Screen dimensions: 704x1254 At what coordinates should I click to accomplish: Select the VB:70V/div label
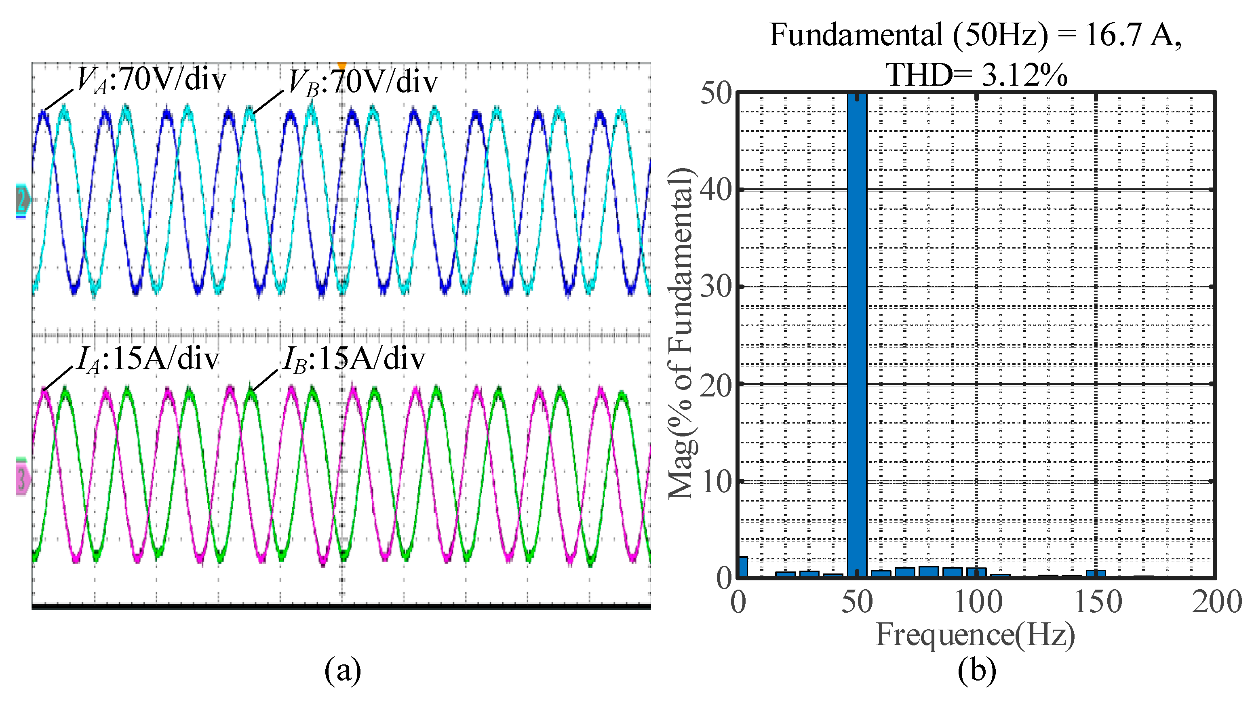point(363,82)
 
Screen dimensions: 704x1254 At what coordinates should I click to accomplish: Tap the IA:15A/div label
point(148,359)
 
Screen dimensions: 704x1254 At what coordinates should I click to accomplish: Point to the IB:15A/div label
point(354,359)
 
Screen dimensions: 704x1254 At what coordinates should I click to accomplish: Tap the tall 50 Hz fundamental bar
point(857,336)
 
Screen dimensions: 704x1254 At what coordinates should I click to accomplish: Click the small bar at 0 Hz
point(743,567)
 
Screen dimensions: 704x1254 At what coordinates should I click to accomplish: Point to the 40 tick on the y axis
point(716,190)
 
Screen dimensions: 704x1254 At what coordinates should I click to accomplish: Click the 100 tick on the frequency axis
point(978,602)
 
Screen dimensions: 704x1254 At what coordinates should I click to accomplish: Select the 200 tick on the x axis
point(1216,602)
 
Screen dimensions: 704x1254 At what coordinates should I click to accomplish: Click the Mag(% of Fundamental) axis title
point(681,333)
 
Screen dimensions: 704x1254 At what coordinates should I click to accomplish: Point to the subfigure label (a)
point(342,670)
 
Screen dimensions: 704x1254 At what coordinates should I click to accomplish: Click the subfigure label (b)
point(976,670)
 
